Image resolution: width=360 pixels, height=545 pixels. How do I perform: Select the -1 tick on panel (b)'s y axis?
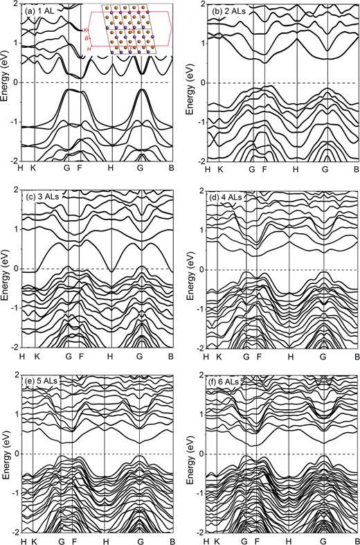pos(199,121)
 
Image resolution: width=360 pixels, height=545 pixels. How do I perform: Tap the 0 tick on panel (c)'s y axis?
pos(16,269)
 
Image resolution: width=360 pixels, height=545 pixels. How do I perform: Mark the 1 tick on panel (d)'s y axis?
pos(200,230)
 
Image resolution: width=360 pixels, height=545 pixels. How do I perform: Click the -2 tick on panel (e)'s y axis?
pos(14,532)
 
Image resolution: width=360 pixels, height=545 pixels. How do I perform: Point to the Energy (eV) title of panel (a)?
pos(6,82)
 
